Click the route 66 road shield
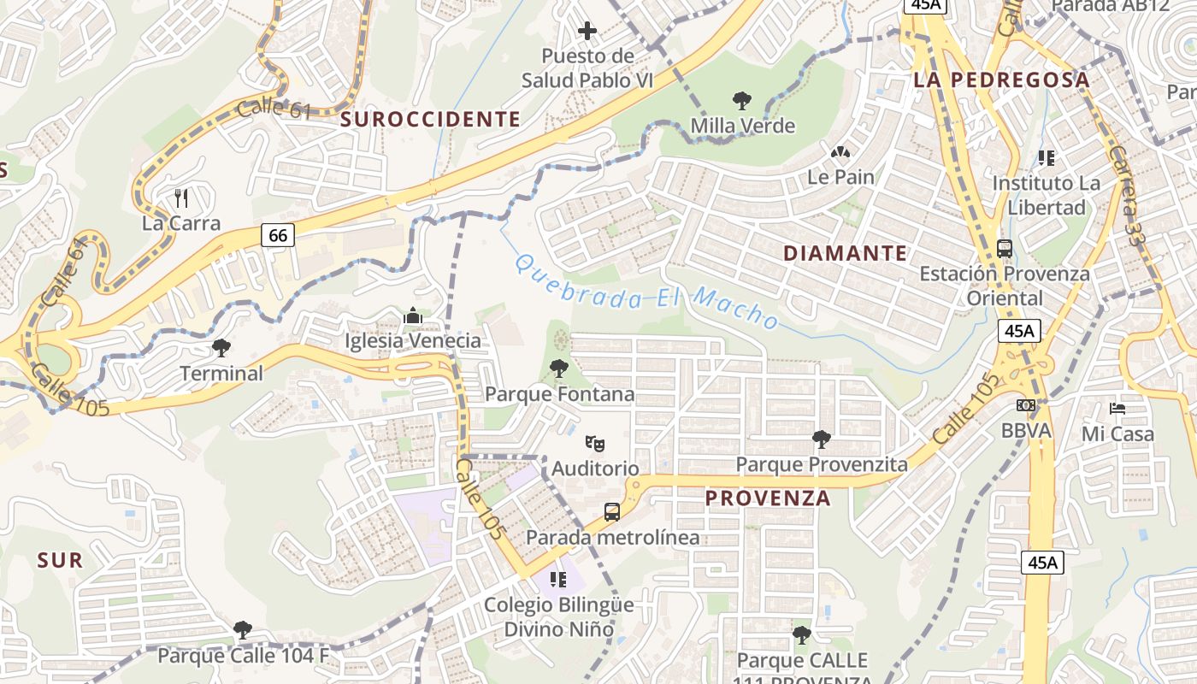279,234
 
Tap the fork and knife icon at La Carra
180,198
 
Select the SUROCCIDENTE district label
430,120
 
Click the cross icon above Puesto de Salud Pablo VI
587,32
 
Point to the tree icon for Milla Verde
741,101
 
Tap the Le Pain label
840,177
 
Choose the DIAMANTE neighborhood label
845,253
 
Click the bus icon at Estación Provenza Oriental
1005,249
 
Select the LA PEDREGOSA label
1002,80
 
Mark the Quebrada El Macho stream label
647,292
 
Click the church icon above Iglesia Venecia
413,316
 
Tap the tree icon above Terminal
221,348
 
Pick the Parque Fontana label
559,394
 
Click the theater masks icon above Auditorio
595,443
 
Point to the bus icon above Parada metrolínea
612,512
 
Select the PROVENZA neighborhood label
768,498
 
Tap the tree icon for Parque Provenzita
822,439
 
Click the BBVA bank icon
1026,405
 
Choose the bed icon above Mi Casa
1117,408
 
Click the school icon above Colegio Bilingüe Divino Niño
558,580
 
